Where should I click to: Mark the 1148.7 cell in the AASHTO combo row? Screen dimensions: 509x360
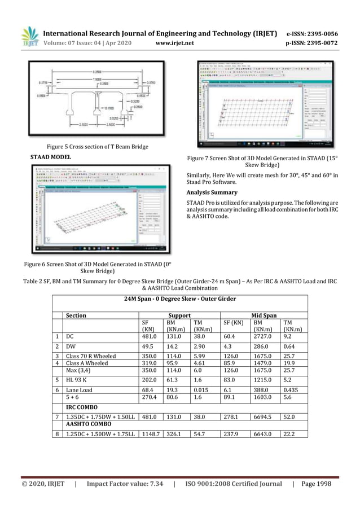[x=146, y=433]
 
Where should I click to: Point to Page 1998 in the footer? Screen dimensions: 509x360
[x=317, y=484]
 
